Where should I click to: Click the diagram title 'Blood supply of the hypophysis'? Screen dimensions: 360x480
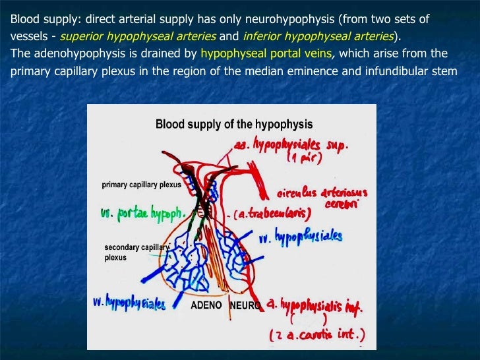233,124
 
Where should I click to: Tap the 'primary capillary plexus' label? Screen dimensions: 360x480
141,185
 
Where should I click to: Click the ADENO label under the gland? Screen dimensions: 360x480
206,306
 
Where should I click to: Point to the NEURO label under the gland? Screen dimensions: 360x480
245,306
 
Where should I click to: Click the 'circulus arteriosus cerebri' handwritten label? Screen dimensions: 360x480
321,197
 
